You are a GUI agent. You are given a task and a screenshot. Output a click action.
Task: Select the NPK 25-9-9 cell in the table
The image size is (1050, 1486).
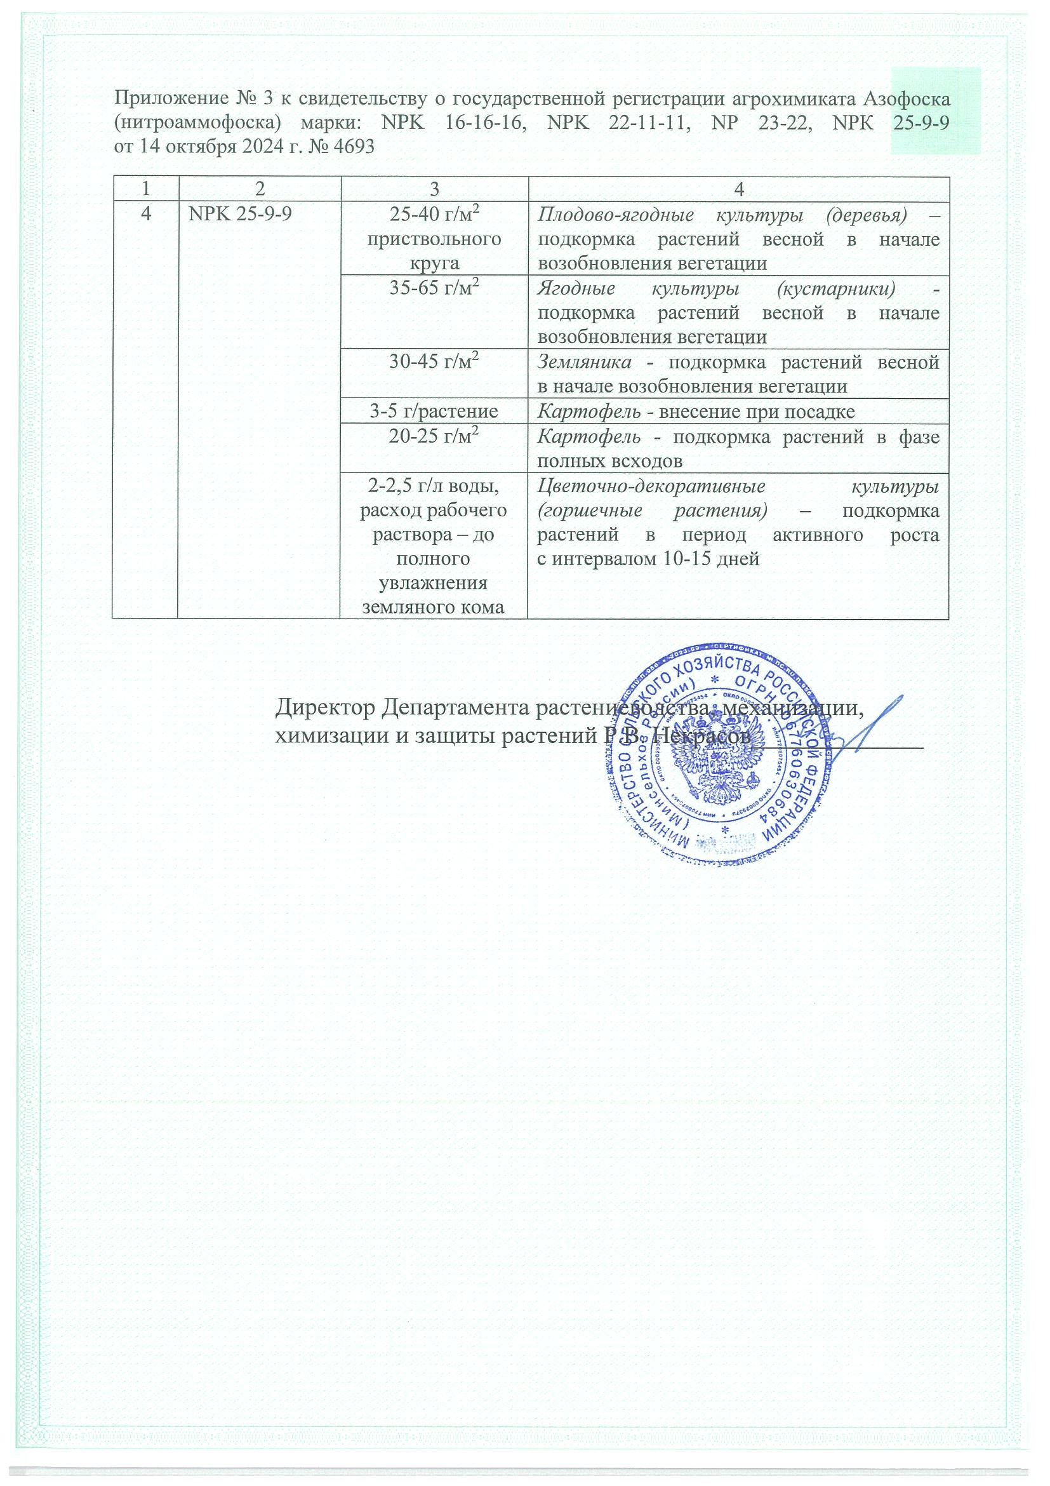[239, 213]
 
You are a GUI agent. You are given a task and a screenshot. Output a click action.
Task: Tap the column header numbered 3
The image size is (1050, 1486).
[434, 189]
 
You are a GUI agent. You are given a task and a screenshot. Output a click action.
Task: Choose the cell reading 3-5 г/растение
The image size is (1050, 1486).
[434, 411]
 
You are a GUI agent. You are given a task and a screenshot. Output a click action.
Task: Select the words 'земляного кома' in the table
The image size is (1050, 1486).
[434, 607]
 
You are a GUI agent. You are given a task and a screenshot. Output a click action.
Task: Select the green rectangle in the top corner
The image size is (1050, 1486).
[936, 110]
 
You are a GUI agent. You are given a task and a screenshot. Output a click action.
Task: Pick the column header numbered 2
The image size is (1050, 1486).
[260, 189]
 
